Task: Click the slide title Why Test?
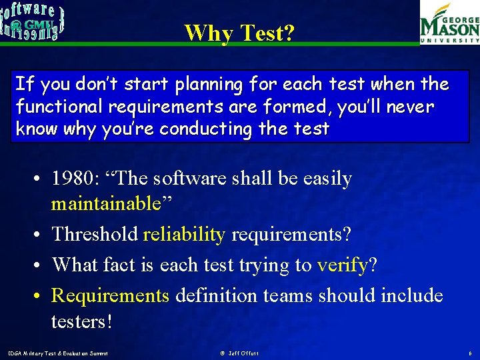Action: (239, 32)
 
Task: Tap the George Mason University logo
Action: (449, 24)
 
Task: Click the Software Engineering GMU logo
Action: (33, 21)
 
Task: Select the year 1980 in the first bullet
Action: (74, 179)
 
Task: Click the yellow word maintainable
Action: (106, 203)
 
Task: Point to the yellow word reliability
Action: (184, 234)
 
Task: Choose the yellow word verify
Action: (342, 265)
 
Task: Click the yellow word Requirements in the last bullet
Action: (111, 295)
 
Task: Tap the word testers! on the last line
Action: (82, 321)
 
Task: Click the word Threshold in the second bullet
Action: (95, 234)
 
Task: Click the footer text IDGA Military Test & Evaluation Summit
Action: (57, 353)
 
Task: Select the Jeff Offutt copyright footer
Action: (239, 353)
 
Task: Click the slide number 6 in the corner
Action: (470, 353)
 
